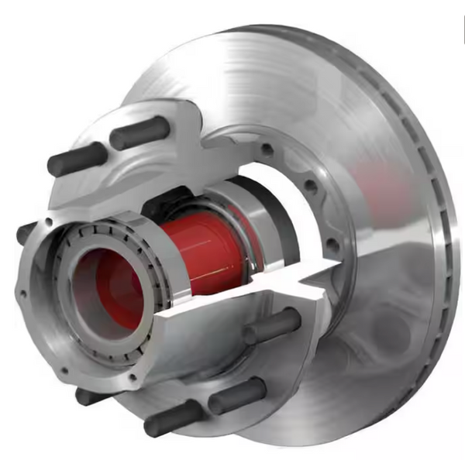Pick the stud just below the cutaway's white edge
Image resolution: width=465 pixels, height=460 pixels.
coord(272,325)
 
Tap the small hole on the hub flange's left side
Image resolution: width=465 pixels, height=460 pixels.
coord(23,294)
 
